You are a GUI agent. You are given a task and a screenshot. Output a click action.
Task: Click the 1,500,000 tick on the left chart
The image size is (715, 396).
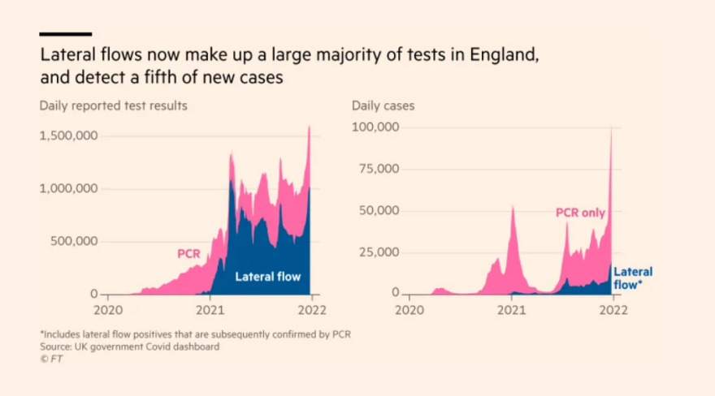pyautogui.click(x=68, y=136)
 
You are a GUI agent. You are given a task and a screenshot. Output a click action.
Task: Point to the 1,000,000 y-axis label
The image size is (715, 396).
pyautogui.click(x=68, y=188)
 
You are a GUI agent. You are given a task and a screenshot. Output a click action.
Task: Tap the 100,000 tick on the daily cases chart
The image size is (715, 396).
pyautogui.click(x=375, y=127)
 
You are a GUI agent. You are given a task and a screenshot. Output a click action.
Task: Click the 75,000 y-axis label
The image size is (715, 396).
pyautogui.click(x=379, y=170)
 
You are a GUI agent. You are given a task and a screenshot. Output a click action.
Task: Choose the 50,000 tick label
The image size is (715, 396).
pyautogui.click(x=379, y=211)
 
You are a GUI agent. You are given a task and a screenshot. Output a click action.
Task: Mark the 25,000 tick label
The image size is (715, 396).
pyautogui.click(x=379, y=252)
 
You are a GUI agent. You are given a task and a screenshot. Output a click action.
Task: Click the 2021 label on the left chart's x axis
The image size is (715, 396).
pyautogui.click(x=210, y=309)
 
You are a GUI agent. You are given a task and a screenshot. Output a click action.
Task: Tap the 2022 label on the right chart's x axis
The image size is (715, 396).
pyautogui.click(x=614, y=309)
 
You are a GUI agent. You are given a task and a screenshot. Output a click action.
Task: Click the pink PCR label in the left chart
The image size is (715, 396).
pyautogui.click(x=188, y=254)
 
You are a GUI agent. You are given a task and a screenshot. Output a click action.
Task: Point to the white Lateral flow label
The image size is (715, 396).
pyautogui.click(x=267, y=277)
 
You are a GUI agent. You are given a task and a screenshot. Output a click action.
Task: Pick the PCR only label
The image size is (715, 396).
pyautogui.click(x=580, y=213)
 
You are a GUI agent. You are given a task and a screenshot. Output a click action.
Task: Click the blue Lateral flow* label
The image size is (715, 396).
pyautogui.click(x=632, y=278)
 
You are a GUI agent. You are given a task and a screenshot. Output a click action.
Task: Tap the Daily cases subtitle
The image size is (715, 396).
pyautogui.click(x=383, y=106)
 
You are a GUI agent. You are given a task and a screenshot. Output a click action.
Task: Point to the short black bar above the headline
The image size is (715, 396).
pyautogui.click(x=65, y=34)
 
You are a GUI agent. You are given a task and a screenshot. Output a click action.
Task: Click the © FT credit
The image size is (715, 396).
pyautogui.click(x=50, y=359)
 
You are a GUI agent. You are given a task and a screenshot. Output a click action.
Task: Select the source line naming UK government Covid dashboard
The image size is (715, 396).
pyautogui.click(x=129, y=346)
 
